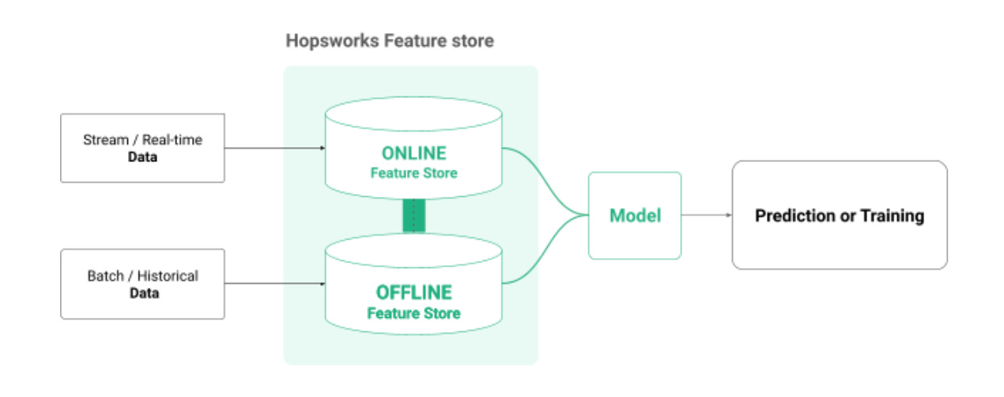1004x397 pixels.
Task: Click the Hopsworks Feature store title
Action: [389, 40]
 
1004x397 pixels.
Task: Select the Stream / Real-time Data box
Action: [142, 148]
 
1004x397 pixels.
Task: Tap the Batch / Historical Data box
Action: [142, 284]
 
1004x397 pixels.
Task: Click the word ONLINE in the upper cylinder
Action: [413, 153]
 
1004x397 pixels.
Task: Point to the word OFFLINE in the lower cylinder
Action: [413, 293]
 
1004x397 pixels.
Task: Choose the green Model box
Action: [634, 215]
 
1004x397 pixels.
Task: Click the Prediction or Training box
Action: [839, 215]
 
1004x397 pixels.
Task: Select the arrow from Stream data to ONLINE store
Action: [274, 148]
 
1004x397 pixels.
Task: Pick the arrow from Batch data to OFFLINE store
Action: [274, 284]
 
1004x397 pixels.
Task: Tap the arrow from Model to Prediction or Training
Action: [706, 215]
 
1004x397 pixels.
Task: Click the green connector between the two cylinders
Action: [413, 216]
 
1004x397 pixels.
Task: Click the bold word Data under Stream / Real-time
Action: [142, 157]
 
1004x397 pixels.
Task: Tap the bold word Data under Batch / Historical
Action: [142, 293]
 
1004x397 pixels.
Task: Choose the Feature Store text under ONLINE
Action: [413, 172]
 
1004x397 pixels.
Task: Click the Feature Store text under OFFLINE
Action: [413, 313]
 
